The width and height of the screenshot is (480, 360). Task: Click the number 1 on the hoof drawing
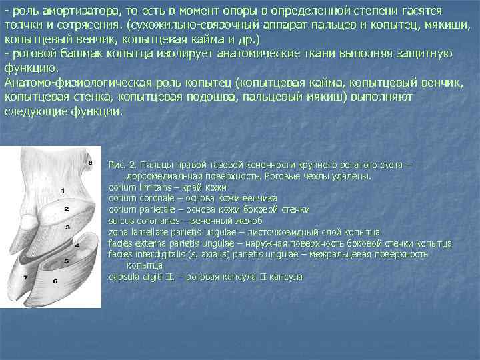[62, 191]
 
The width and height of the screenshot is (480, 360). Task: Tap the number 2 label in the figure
[66, 208]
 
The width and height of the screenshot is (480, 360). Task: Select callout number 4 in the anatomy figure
[77, 245]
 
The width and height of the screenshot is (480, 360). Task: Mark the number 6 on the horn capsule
[55, 281]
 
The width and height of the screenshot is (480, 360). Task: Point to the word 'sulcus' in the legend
[121, 221]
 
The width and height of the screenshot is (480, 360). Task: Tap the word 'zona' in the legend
[118, 232]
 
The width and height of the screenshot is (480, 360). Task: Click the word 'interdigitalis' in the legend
[161, 254]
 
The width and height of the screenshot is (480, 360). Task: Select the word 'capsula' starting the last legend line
[123, 277]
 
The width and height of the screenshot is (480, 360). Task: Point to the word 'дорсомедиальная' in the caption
[161, 176]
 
